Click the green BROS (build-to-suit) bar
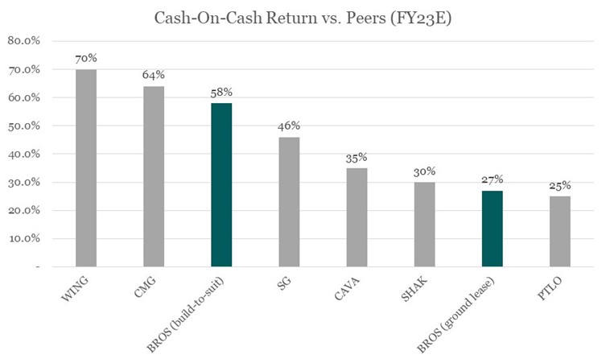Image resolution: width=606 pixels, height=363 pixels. pyautogui.click(x=221, y=184)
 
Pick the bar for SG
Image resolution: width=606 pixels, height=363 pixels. pyautogui.click(x=288, y=201)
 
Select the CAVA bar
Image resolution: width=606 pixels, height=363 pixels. pyautogui.click(x=357, y=217)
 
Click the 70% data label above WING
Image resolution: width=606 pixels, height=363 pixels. pyautogui.click(x=85, y=59)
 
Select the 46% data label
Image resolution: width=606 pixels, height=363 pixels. pyautogui.click(x=288, y=126)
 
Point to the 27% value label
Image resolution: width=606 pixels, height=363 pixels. pyautogui.click(x=492, y=180)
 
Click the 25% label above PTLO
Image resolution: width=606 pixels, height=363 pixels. pyautogui.click(x=559, y=186)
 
